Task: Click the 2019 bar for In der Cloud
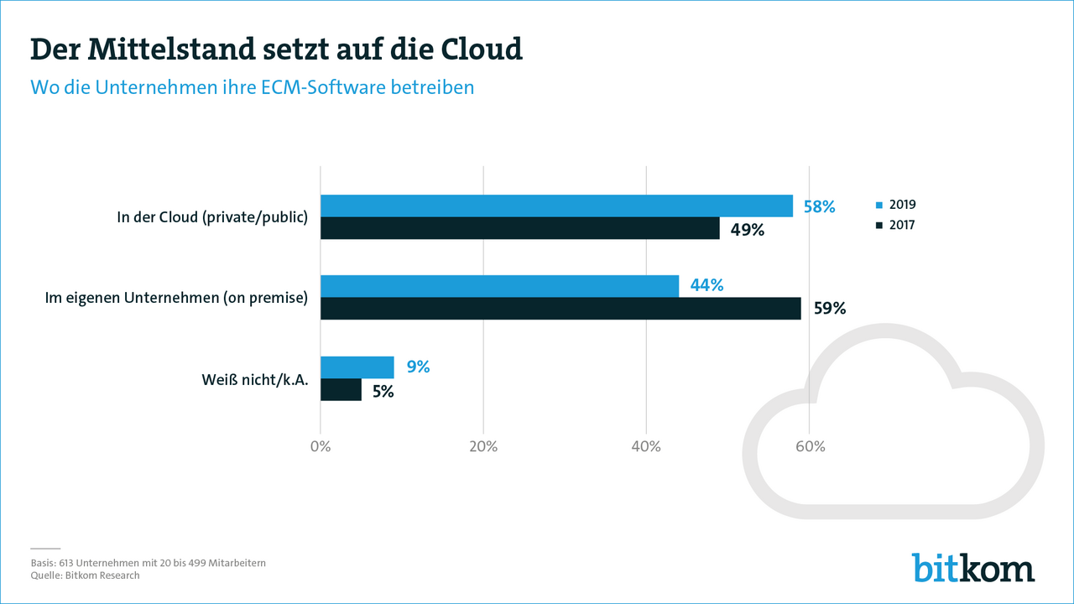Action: pyautogui.click(x=556, y=206)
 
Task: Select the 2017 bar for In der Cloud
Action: pyautogui.click(x=520, y=228)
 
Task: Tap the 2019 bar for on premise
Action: pyautogui.click(x=499, y=286)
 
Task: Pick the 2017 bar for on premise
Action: pyautogui.click(x=560, y=309)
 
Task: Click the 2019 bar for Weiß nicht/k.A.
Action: pyautogui.click(x=357, y=367)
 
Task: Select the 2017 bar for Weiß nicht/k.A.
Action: pyautogui.click(x=341, y=389)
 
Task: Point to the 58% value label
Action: pyautogui.click(x=819, y=206)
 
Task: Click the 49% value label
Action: pyautogui.click(x=747, y=229)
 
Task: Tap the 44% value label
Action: pyautogui.click(x=706, y=285)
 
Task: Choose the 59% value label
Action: pyautogui.click(x=829, y=309)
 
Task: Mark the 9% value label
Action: pyautogui.click(x=418, y=367)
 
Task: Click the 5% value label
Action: pyautogui.click(x=383, y=390)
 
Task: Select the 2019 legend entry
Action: pyautogui.click(x=896, y=205)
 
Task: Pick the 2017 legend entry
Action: pyautogui.click(x=896, y=225)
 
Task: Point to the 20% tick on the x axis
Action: pyautogui.click(x=483, y=446)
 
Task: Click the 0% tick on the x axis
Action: pyautogui.click(x=321, y=446)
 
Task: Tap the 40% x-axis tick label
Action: pyautogui.click(x=646, y=446)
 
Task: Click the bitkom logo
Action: pyautogui.click(x=973, y=568)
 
